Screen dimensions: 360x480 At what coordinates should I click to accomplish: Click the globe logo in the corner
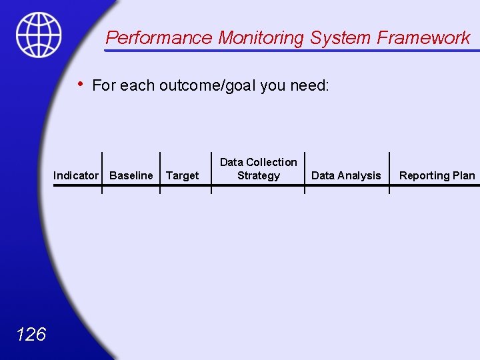tap(39, 35)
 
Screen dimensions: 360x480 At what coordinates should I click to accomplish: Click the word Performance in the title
tap(159, 38)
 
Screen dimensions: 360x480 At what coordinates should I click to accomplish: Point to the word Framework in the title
tap(424, 38)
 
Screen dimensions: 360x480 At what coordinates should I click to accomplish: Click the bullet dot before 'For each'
tap(80, 84)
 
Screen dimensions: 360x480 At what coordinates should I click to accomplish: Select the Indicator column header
tap(76, 175)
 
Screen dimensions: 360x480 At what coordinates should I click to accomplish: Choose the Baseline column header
tap(131, 175)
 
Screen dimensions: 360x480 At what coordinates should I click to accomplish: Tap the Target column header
tap(182, 175)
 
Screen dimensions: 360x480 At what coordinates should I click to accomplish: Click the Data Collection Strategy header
tap(259, 169)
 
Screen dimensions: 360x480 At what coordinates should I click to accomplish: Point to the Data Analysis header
tap(346, 175)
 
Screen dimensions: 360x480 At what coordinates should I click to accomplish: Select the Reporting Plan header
tap(437, 175)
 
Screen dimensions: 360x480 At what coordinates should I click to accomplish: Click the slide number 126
tap(31, 334)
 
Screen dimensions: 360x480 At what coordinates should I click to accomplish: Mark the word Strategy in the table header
tap(259, 176)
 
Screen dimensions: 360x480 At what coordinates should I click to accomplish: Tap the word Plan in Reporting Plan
tap(464, 175)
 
